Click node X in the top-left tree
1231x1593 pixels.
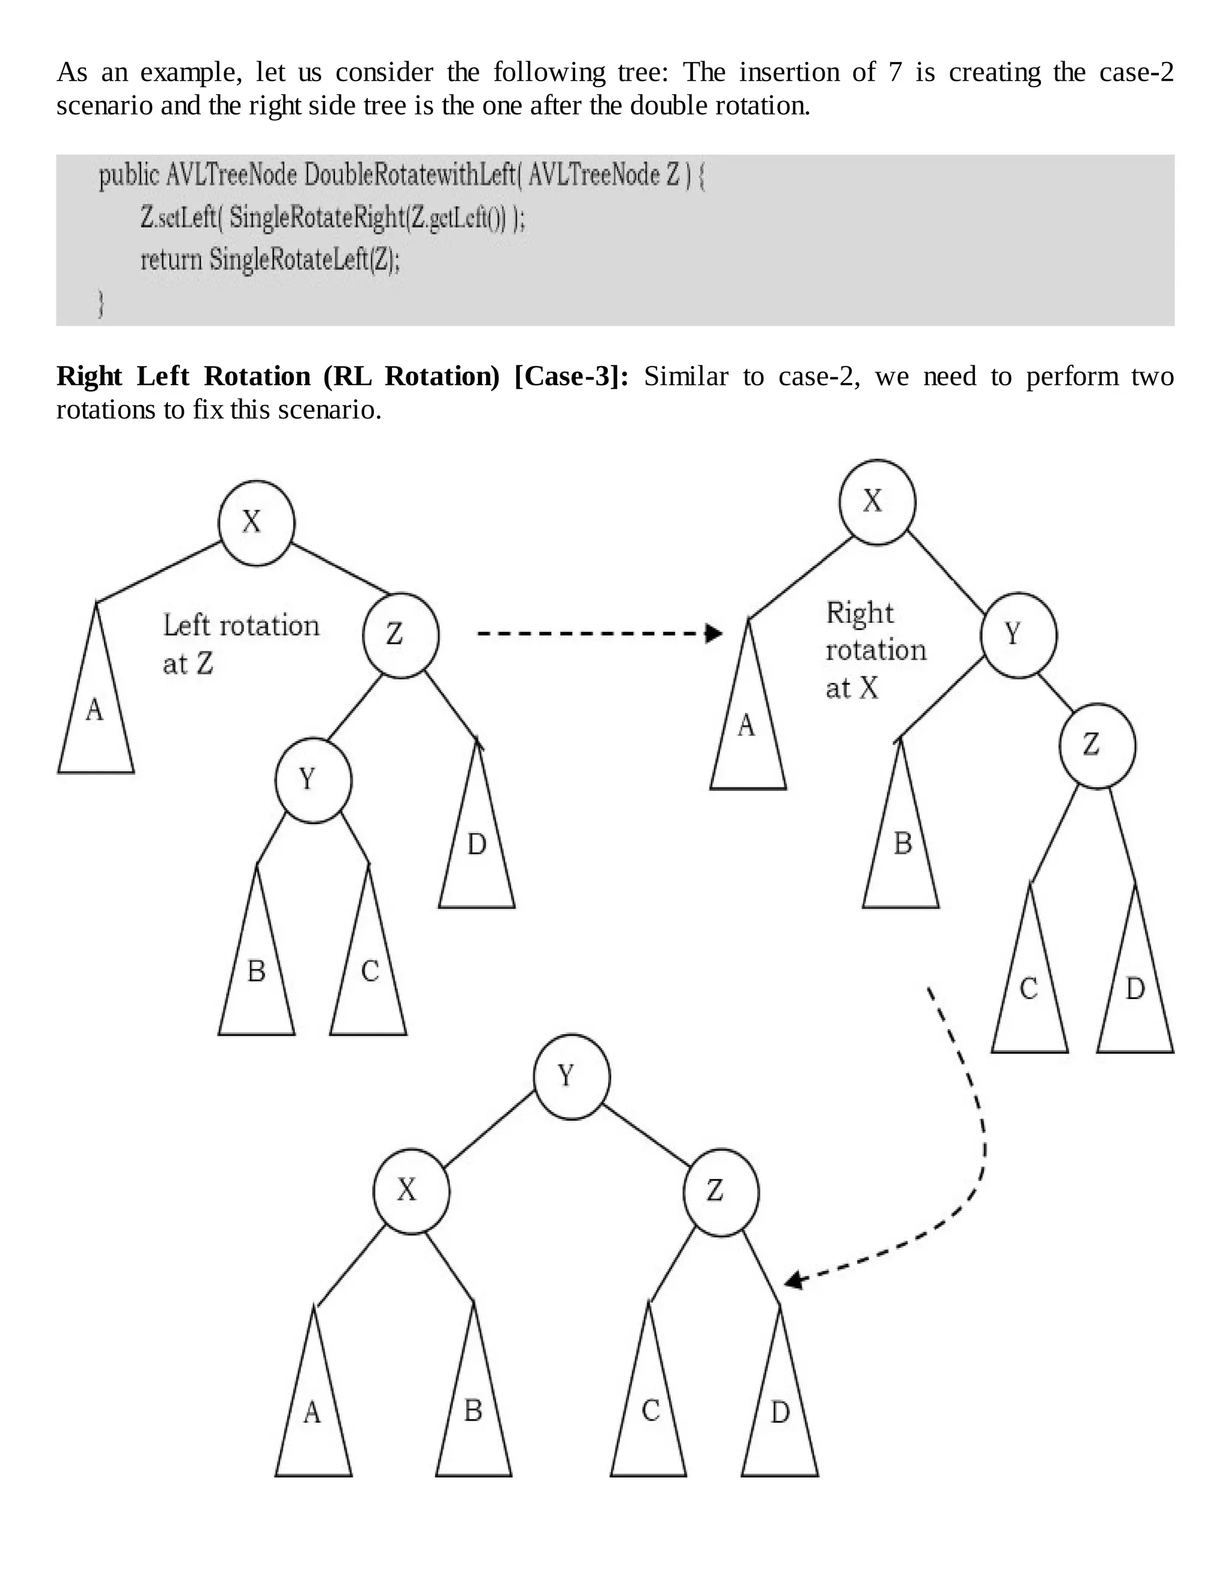click(256, 522)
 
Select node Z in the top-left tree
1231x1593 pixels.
click(400, 635)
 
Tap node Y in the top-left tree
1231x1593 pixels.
click(313, 780)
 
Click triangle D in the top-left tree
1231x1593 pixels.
click(477, 854)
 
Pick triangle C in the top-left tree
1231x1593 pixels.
click(369, 977)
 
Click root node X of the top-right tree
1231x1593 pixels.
click(876, 502)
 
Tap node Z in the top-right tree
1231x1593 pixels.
click(1097, 745)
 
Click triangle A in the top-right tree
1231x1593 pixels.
click(748, 733)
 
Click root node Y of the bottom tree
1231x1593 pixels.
click(571, 1077)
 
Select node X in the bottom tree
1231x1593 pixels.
click(411, 1191)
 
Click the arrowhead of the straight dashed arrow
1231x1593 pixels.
click(714, 633)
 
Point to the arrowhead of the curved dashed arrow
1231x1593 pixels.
click(793, 1282)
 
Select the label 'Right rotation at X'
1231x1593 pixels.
click(875, 650)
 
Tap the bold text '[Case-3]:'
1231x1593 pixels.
click(571, 376)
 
